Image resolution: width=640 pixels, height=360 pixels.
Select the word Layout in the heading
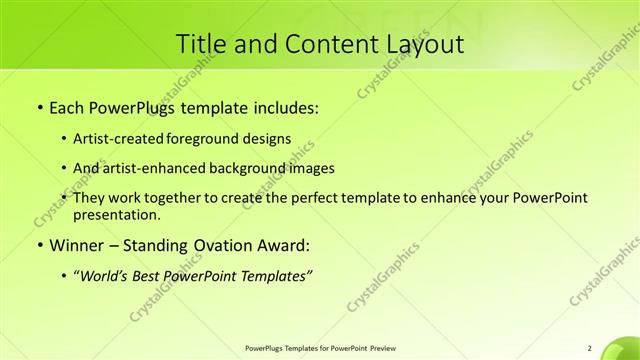[422, 44]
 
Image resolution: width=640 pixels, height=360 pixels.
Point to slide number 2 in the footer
[589, 348]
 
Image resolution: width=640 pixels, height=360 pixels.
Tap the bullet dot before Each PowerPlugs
[38, 106]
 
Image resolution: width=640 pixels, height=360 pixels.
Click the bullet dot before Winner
[38, 245]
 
